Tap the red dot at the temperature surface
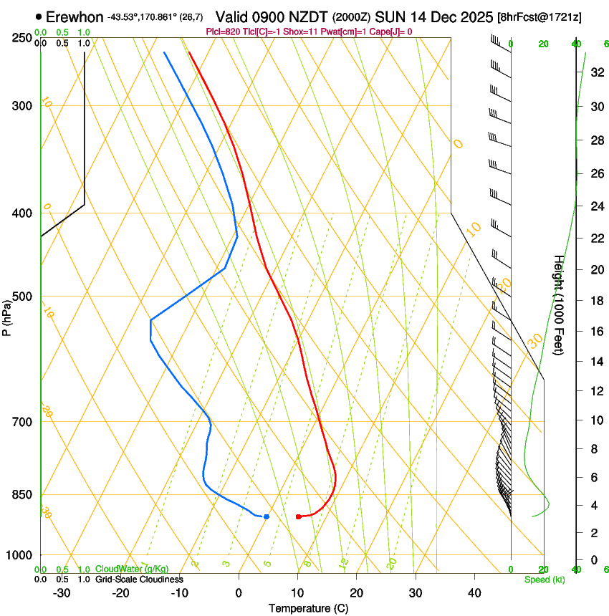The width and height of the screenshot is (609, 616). click(298, 516)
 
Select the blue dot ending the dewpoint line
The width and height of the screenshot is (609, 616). click(267, 516)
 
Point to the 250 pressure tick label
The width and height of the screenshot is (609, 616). click(21, 38)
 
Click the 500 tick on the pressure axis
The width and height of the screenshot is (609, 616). click(21, 297)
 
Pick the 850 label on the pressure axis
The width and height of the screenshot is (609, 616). click(21, 495)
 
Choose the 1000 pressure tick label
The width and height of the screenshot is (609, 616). click(19, 555)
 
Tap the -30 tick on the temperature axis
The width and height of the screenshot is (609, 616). click(62, 593)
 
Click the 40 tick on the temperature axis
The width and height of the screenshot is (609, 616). click(474, 593)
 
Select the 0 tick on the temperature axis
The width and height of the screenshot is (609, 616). click(239, 593)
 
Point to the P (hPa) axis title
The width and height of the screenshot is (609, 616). click(7, 316)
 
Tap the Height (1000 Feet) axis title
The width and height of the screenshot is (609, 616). click(559, 305)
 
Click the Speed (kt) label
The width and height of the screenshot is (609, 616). click(544, 579)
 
